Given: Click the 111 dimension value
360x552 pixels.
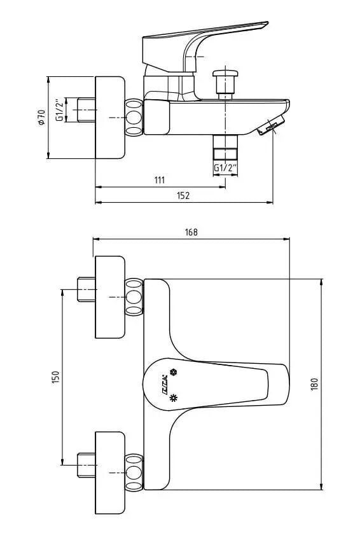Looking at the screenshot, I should pos(159,180).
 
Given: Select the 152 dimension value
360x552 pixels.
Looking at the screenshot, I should pos(183,195).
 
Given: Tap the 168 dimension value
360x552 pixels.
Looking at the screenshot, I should pos(191,232).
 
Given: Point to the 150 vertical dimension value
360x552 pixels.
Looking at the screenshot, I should pos(55,377).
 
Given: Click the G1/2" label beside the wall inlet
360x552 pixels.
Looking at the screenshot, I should pos(59,110).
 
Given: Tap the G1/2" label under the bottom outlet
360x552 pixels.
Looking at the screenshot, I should pos(225,168).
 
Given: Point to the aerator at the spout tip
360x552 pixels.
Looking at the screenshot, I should pos(269,128).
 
